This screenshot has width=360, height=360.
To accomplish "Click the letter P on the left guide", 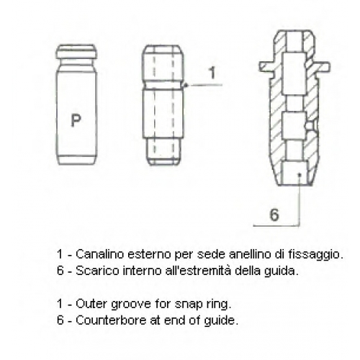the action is click(76, 120).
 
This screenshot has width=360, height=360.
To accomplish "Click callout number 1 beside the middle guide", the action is click(212, 73).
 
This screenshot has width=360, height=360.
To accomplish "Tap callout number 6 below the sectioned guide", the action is click(274, 215).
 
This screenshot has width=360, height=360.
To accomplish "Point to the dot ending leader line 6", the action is click(300, 175).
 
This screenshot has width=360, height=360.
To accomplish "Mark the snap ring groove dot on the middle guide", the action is click(185, 85).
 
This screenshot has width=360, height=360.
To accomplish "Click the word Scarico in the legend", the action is click(97, 271).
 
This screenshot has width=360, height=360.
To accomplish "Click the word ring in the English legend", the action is click(220, 305).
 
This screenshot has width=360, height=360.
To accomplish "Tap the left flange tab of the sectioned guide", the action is click(267, 66).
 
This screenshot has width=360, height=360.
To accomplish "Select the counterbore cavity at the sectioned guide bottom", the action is click(294, 172).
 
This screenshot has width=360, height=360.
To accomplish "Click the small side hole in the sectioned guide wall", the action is click(311, 125).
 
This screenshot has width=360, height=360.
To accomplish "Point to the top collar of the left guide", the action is click(77, 52).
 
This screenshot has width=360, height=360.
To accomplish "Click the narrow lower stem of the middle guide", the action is click(163, 151).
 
